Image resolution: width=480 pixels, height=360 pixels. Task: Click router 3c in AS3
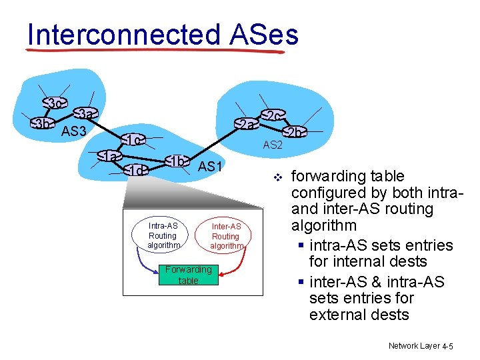56,103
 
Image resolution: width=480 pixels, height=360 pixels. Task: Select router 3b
43,124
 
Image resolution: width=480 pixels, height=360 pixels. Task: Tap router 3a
84,115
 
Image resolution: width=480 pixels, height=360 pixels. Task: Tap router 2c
272,116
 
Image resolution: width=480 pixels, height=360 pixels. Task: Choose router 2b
293,132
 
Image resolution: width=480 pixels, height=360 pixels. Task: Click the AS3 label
74,131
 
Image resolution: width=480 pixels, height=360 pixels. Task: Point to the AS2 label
273,145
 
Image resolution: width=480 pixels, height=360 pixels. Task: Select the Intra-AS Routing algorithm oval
163,236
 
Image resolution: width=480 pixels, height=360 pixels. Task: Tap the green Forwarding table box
188,275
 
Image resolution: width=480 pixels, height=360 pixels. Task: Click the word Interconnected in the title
123,35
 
